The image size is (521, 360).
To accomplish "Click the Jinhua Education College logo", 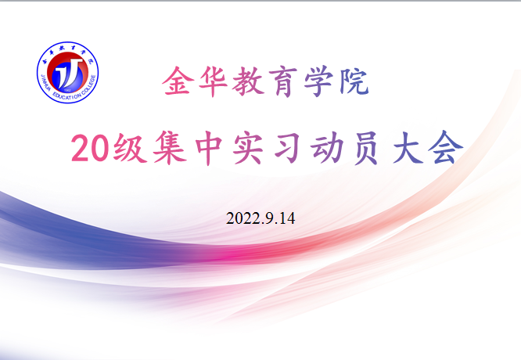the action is tap(67, 72).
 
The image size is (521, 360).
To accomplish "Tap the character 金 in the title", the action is tap(178, 81).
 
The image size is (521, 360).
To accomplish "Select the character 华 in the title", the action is tap(213, 81).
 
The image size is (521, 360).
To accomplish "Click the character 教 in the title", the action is tap(248, 81).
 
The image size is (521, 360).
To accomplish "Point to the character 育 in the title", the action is tap(283, 82).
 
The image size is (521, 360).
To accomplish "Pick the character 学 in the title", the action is tap(318, 81).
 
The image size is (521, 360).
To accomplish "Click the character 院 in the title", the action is tap(354, 81).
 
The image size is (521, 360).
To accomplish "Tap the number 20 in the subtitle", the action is tap(90, 148).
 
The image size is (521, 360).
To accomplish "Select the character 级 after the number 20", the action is tap(130, 148).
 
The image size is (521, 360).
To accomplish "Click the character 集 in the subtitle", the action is tap(170, 148).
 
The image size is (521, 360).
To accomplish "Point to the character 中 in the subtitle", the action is tap(209, 148).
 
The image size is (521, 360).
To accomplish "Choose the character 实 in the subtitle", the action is tap(248, 148).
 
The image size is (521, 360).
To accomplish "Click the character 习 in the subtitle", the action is tap(287, 148).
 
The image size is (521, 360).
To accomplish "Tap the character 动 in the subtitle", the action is tap(327, 148).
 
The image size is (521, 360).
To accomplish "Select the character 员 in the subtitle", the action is tap(366, 148).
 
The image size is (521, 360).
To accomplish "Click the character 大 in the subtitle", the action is tap(408, 148).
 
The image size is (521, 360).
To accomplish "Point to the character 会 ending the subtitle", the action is tap(446, 147).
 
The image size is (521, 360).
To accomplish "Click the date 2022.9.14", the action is tap(260, 218).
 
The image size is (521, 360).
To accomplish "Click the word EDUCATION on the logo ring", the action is tap(66, 96).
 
